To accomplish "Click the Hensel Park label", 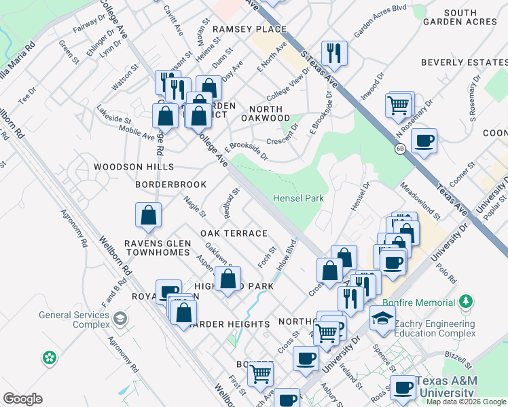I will pyautogui.click(x=298, y=198).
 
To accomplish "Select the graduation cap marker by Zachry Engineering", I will pyautogui.click(x=383, y=317).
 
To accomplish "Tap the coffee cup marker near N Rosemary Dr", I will pyautogui.click(x=424, y=141).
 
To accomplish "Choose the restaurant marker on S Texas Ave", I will pyautogui.click(x=334, y=52).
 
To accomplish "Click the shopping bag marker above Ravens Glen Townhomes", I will pyautogui.click(x=148, y=216).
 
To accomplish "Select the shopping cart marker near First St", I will pyautogui.click(x=260, y=372).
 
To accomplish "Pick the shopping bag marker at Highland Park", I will pyautogui.click(x=228, y=277).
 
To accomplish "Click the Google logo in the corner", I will pyautogui.click(x=22, y=399).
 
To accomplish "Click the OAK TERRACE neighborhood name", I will pyautogui.click(x=234, y=233).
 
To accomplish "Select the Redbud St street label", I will pyautogui.click(x=232, y=203).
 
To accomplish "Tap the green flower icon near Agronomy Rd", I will pyautogui.click(x=50, y=357).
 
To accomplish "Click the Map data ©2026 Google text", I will pyautogui.click(x=466, y=401).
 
